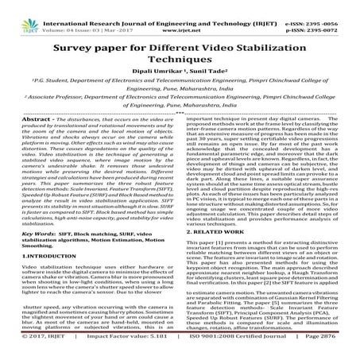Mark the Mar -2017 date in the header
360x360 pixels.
pos(121,14)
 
